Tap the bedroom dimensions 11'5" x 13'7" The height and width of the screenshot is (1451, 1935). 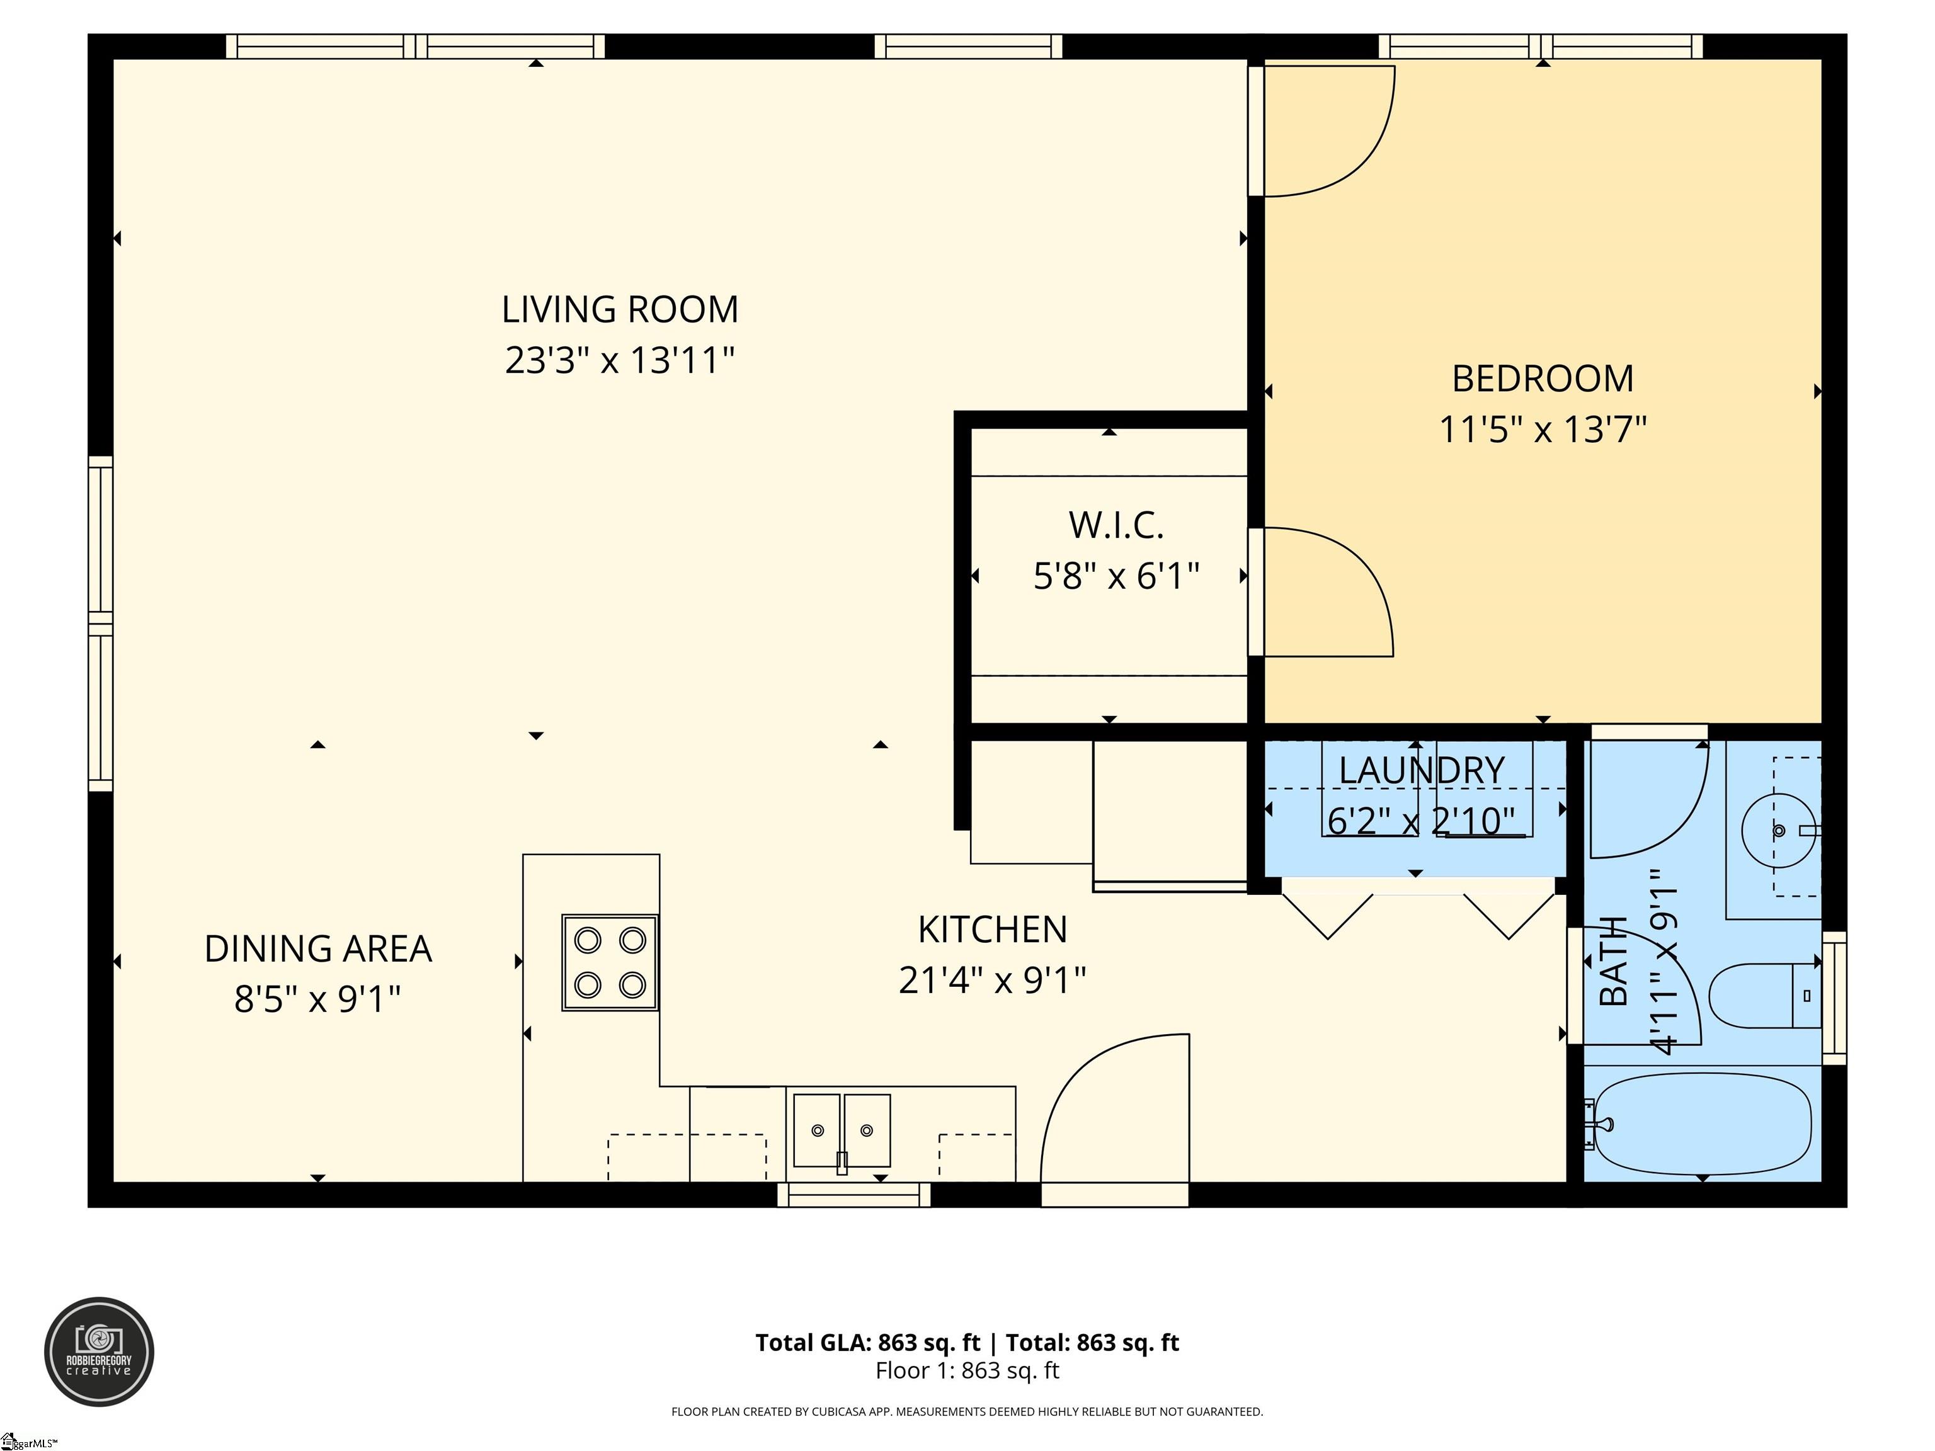(x=1543, y=430)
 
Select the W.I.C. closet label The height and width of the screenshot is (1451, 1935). (x=1116, y=525)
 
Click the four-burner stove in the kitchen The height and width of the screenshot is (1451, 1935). (x=610, y=962)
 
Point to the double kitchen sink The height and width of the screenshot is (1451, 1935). (x=842, y=1130)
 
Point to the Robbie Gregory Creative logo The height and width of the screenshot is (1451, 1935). (x=99, y=1351)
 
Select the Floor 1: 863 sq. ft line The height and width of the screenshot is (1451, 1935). (x=967, y=1370)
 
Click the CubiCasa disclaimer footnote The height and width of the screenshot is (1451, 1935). (x=967, y=1412)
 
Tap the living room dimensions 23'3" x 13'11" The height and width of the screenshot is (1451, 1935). (x=619, y=360)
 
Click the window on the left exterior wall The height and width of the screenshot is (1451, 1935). (x=101, y=623)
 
